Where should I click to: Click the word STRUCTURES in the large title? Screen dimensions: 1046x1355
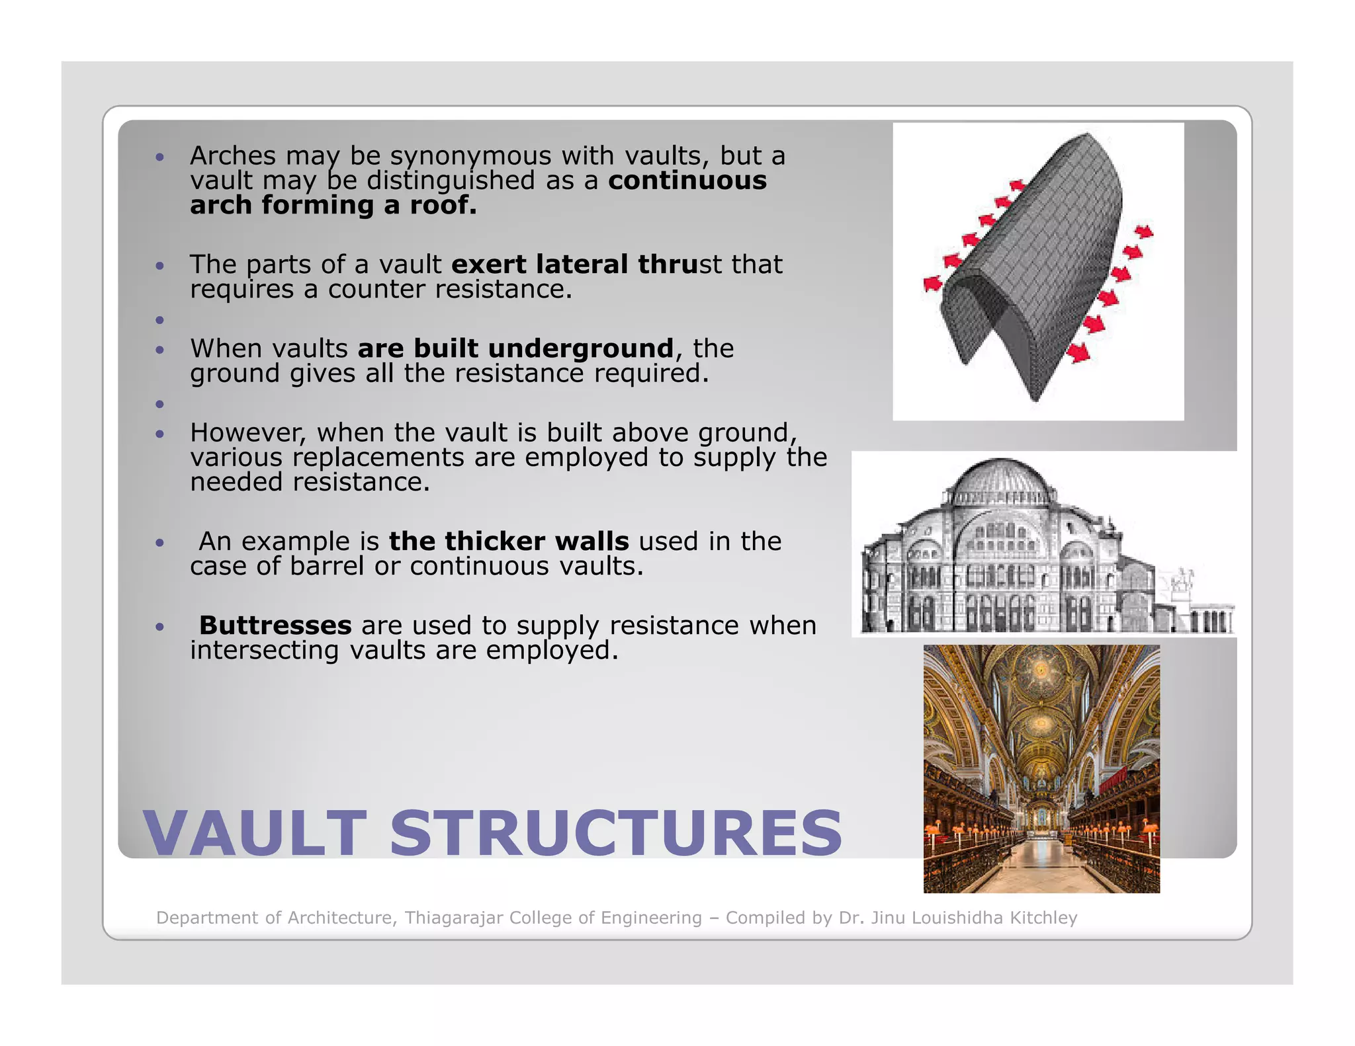pos(616,833)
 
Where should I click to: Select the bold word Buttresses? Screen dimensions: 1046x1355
pos(275,625)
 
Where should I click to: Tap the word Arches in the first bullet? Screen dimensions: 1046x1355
pos(233,156)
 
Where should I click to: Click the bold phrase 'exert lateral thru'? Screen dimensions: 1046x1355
pos(574,264)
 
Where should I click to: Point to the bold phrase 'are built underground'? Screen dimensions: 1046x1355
pos(515,348)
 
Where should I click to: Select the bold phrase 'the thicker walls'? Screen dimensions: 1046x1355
pos(509,542)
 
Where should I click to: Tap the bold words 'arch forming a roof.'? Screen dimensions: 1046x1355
pos(333,206)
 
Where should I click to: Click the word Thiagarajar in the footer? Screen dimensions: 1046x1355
pos(453,918)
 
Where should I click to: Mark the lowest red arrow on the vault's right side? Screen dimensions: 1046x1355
pos(1078,352)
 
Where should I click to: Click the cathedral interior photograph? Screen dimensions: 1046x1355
pos(1041,769)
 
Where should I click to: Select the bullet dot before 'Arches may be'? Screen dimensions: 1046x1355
pos(159,157)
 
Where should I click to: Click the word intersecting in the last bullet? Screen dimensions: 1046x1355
pos(265,651)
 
